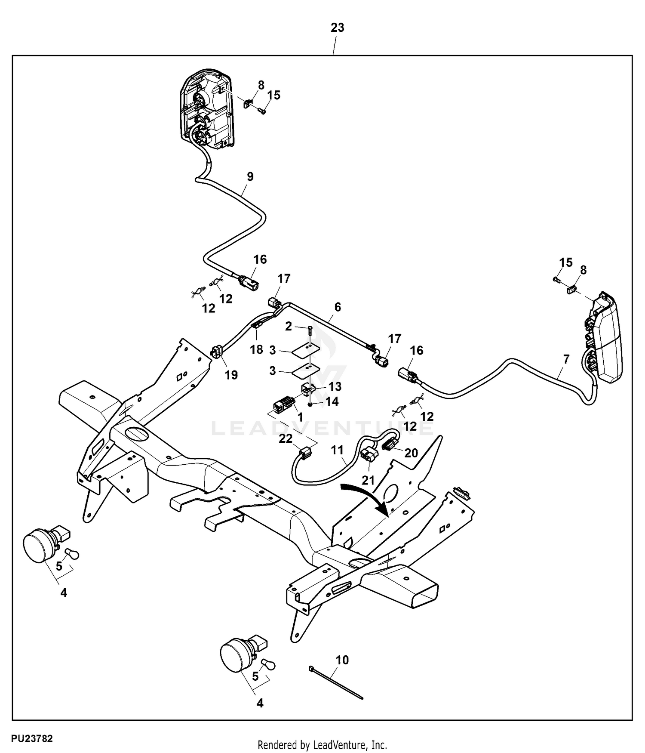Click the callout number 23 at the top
(337, 28)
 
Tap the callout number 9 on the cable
(250, 176)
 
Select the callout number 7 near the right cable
(566, 359)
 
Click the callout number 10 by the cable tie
(342, 660)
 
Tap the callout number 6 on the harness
(338, 307)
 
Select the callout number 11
(338, 450)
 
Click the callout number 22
(286, 438)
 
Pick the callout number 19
(231, 375)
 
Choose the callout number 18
(257, 349)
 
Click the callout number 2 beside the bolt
(289, 326)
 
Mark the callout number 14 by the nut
(332, 401)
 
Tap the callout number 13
(335, 386)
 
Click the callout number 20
(411, 453)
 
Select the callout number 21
(368, 480)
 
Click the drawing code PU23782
(32, 739)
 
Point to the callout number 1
(300, 417)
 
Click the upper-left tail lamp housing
(206, 112)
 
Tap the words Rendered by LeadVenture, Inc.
(322, 745)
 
